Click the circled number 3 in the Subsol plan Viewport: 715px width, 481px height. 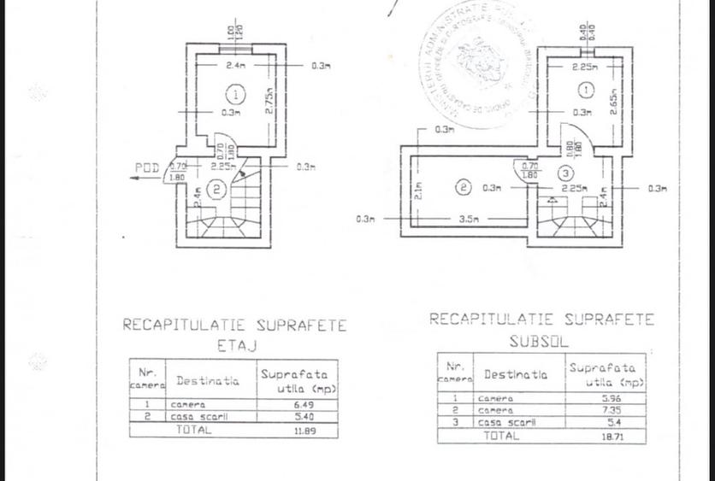tap(569, 174)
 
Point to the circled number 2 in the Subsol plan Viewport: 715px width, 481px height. tap(463, 187)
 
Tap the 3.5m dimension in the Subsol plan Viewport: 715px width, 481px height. tap(468, 219)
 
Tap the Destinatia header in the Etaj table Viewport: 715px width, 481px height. tap(208, 380)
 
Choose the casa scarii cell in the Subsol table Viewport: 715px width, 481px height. tap(507, 422)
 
